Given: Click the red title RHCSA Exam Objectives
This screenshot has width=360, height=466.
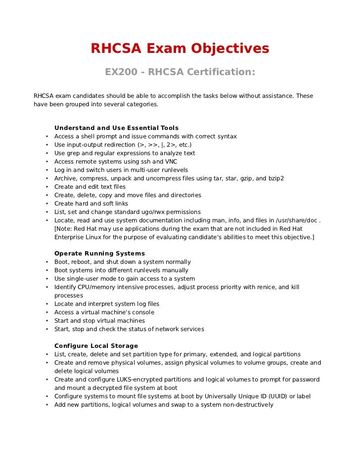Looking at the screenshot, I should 180,48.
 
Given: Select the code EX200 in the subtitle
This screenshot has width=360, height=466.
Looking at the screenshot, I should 120,72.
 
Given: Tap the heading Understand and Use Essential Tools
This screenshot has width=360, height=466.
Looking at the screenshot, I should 116,128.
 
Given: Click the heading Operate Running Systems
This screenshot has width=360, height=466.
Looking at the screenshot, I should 99,254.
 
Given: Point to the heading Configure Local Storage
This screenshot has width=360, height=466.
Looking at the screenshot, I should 96,346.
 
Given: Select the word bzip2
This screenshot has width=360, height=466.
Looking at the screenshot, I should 275,178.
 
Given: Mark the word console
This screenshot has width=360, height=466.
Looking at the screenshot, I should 143,312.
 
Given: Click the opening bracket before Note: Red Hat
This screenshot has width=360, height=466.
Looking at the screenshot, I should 55,229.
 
